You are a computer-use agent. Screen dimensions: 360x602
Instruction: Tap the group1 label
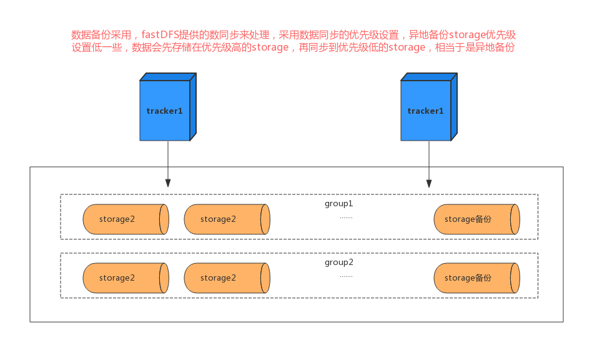point(338,204)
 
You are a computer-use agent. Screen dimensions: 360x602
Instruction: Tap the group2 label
point(338,262)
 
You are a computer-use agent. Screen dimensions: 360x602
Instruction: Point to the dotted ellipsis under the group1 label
point(346,217)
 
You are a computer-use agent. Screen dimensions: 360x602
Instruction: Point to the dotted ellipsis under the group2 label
point(346,276)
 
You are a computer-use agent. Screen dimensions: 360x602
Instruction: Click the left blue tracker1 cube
point(165,111)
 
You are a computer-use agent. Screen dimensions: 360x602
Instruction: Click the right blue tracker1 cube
point(427,111)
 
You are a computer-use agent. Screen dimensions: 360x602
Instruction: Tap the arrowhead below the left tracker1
point(167,183)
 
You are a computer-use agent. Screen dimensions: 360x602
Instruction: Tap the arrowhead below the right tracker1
point(428,183)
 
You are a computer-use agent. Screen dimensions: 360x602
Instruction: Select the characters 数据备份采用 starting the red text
point(101,34)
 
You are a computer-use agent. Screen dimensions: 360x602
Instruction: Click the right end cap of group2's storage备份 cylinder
point(515,278)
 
